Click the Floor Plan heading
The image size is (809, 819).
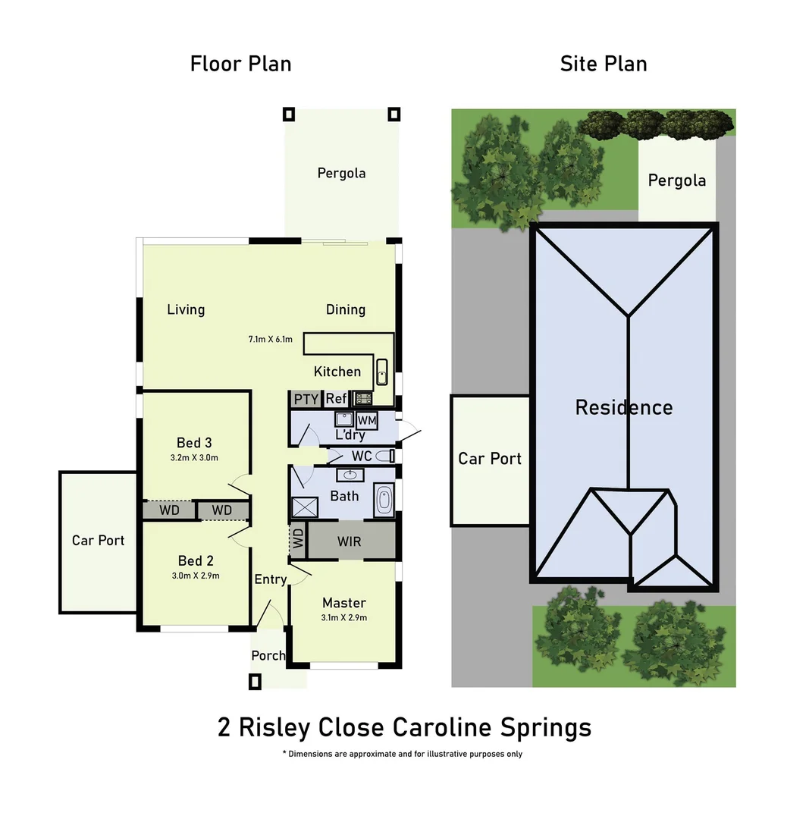tap(240, 64)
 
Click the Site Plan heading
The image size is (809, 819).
tap(604, 64)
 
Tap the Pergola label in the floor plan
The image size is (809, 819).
tap(341, 173)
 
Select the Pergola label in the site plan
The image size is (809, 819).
tap(676, 180)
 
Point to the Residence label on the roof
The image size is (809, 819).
tap(623, 407)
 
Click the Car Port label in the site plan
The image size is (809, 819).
tap(490, 459)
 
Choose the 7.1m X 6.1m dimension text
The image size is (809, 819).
tap(270, 339)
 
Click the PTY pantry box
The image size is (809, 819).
tap(306, 399)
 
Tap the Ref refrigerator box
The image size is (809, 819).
tap(336, 399)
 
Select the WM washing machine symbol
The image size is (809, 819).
tap(367, 420)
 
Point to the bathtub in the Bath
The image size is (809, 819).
tap(384, 501)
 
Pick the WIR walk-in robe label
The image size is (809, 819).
tap(349, 541)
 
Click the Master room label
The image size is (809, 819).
tap(343, 603)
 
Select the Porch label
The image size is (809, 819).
tap(268, 655)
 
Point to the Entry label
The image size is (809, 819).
tap(271, 579)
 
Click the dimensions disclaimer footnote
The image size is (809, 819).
tap(402, 754)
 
